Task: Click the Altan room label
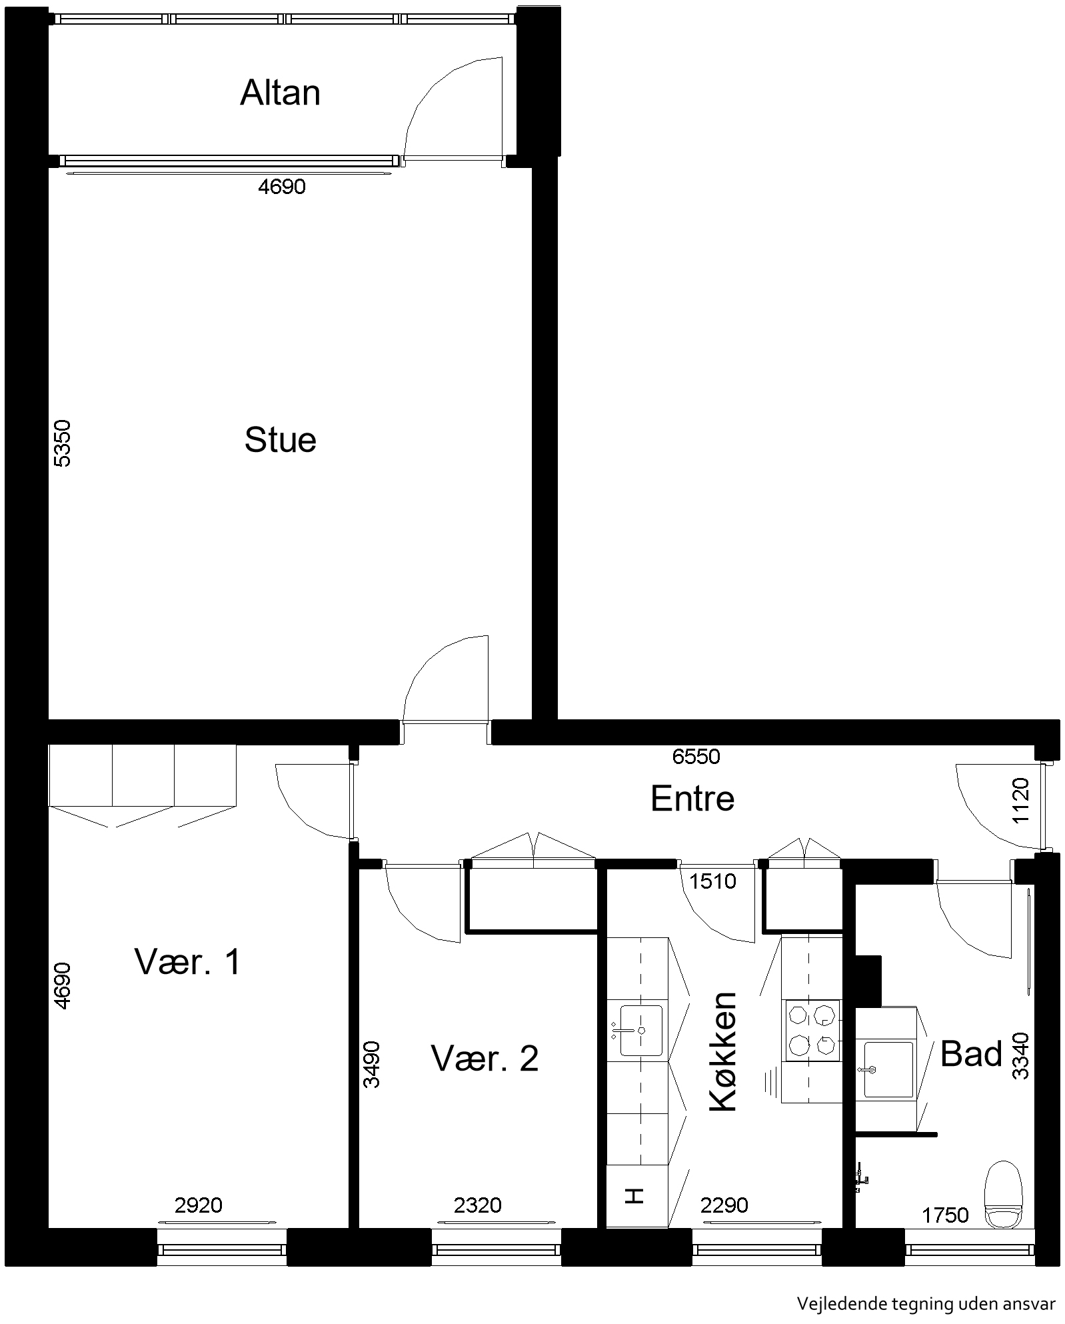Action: [280, 93]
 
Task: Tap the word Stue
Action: [280, 440]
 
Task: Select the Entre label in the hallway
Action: [692, 798]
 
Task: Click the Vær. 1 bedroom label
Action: [187, 961]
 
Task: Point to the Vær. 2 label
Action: [485, 1058]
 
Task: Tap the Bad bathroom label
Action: [971, 1054]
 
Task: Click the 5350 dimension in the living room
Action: [61, 443]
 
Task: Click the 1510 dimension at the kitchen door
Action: [713, 881]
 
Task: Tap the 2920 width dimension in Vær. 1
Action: [198, 1205]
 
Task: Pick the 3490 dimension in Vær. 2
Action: [372, 1065]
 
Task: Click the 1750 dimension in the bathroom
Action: [945, 1215]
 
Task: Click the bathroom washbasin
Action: [888, 1070]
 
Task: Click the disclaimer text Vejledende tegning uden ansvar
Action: [926, 1303]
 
